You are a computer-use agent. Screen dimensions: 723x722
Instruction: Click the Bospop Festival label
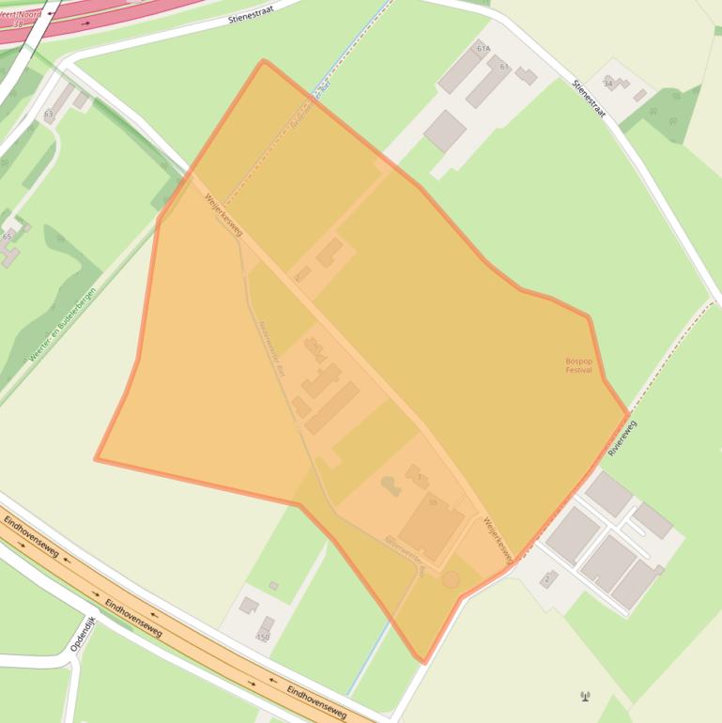coord(578,365)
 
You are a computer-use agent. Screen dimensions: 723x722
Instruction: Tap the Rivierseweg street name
coord(622,438)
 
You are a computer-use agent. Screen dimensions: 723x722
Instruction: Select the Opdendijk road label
coord(84,634)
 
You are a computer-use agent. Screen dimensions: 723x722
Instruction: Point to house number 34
coord(607,84)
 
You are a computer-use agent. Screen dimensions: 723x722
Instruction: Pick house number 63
coord(48,115)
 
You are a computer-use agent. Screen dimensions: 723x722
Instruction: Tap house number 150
coord(263,637)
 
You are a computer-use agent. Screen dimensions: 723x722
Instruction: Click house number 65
coord(8,236)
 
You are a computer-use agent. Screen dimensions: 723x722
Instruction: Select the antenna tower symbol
coord(586,696)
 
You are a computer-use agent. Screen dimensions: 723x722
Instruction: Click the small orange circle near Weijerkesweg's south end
coord(451,579)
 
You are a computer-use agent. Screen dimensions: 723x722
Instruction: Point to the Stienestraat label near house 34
coord(590,99)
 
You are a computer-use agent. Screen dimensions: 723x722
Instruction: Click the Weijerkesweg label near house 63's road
coord(223,215)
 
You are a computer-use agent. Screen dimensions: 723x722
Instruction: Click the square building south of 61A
coord(445,131)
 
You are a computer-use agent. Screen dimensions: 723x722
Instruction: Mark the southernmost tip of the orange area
coord(424,662)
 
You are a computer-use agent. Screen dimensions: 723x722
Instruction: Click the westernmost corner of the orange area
coord(96,459)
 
